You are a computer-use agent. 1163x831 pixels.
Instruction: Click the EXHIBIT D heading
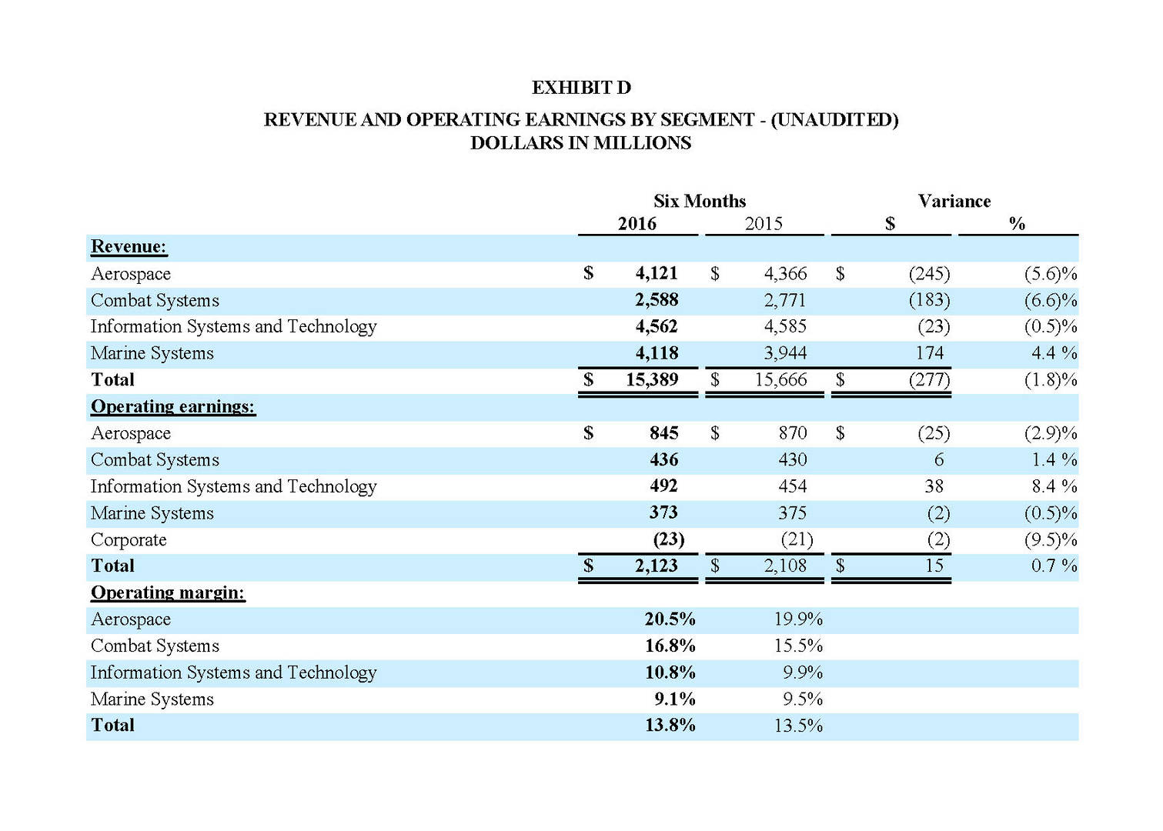(581, 88)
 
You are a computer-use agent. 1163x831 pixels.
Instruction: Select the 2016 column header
(637, 224)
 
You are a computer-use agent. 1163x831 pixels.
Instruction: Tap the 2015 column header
(763, 224)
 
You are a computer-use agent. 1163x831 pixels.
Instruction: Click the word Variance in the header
(954, 202)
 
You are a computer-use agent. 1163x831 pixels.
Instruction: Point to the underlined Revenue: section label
(129, 247)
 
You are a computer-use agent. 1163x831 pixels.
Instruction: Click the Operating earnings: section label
(172, 406)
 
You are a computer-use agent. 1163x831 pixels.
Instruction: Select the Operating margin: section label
(168, 592)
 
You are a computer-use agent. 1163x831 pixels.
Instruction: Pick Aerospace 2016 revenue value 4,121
(656, 273)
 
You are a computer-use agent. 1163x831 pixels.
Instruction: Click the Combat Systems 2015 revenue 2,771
(784, 300)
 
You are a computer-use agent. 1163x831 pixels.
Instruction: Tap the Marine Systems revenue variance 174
(929, 353)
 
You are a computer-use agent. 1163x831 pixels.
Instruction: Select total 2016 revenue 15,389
(651, 379)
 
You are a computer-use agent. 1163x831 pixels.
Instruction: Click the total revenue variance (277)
(929, 379)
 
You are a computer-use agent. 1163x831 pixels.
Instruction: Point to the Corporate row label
(129, 539)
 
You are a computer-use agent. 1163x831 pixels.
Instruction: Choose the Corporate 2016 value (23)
(668, 539)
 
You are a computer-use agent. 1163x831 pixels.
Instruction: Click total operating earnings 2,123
(656, 566)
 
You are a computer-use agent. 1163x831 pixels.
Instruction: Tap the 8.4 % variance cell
(1054, 486)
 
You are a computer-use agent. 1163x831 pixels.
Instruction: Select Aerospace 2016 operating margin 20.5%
(670, 619)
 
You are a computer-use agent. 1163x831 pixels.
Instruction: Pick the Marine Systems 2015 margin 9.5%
(802, 699)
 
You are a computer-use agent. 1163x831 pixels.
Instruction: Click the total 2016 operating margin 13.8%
(670, 726)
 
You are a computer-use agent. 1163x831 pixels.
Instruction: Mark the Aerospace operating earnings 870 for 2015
(792, 433)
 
